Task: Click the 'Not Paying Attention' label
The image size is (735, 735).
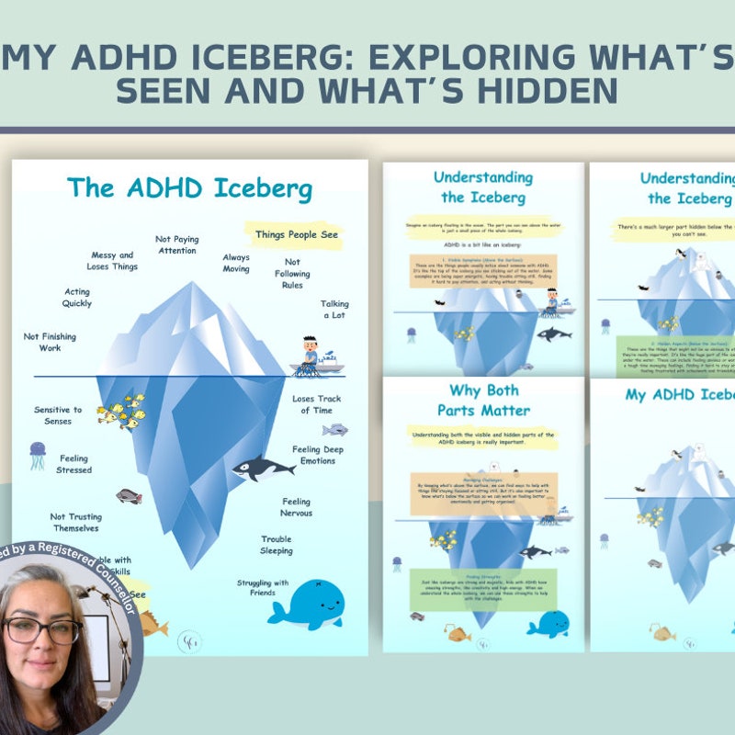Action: click(x=176, y=244)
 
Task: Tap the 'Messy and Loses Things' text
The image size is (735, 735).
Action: click(x=114, y=261)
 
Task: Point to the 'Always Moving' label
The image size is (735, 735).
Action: click(x=236, y=264)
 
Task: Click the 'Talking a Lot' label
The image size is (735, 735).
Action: click(x=334, y=310)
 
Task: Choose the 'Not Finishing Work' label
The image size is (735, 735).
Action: click(x=50, y=343)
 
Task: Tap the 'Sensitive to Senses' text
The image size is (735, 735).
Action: click(x=58, y=415)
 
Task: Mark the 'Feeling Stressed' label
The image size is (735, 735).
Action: click(x=74, y=464)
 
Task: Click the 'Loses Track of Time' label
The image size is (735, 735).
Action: click(x=317, y=404)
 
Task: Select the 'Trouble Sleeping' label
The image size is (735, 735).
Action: click(x=276, y=545)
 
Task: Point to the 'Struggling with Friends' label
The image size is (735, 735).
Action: click(x=263, y=588)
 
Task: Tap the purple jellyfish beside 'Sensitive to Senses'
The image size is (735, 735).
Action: click(x=38, y=454)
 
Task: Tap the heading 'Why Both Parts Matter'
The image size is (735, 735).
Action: click(x=483, y=400)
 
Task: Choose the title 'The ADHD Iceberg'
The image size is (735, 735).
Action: click(x=189, y=189)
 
